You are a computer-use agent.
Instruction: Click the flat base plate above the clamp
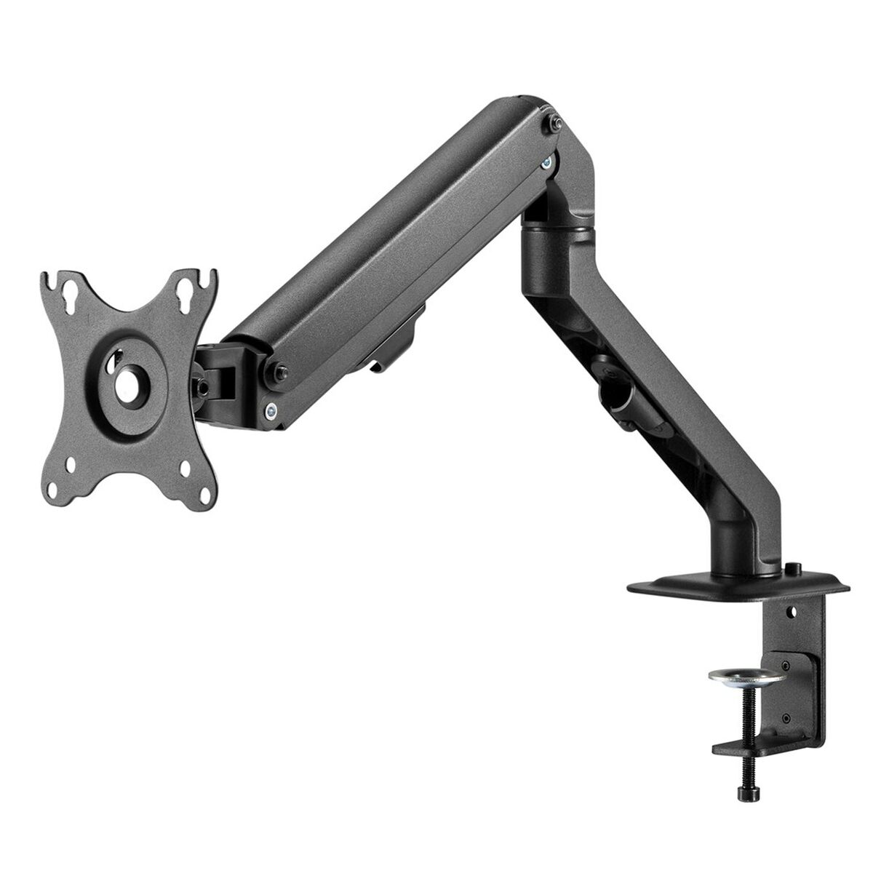click(735, 586)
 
